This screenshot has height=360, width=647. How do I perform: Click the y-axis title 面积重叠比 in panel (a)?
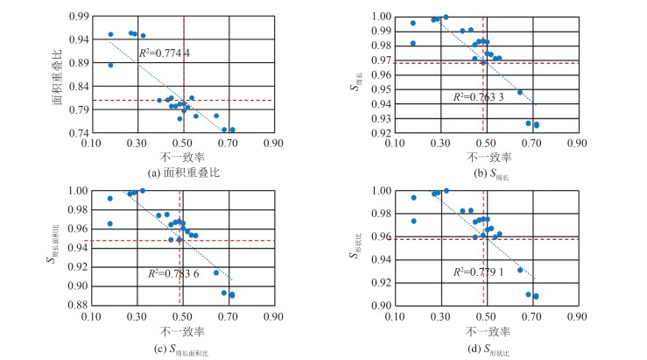coord(58,75)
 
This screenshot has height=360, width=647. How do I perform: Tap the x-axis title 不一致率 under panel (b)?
coord(486,159)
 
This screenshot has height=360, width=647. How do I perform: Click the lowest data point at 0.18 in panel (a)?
coord(110,65)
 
